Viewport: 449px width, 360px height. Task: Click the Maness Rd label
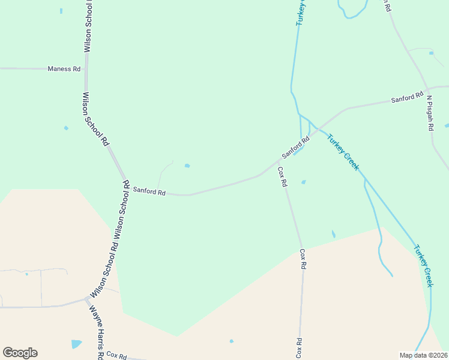pyautogui.click(x=64, y=69)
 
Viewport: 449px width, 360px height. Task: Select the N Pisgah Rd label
pyautogui.click(x=430, y=114)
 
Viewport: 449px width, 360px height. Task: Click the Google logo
pyautogui.click(x=20, y=353)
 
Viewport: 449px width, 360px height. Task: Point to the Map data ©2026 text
pyautogui.click(x=423, y=355)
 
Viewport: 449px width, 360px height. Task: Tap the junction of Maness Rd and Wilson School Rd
pyautogui.click(x=86, y=68)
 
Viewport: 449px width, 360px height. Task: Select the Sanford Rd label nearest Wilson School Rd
pyautogui.click(x=149, y=191)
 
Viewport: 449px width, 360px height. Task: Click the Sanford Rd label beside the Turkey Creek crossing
pyautogui.click(x=295, y=147)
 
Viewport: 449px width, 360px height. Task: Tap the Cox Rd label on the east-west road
pyautogui.click(x=117, y=356)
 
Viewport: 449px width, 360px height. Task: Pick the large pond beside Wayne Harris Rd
pyautogui.click(x=76, y=344)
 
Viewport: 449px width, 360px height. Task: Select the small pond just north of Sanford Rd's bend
pyautogui.click(x=187, y=166)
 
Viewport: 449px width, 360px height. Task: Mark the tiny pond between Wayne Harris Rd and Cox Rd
pyautogui.click(x=231, y=341)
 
